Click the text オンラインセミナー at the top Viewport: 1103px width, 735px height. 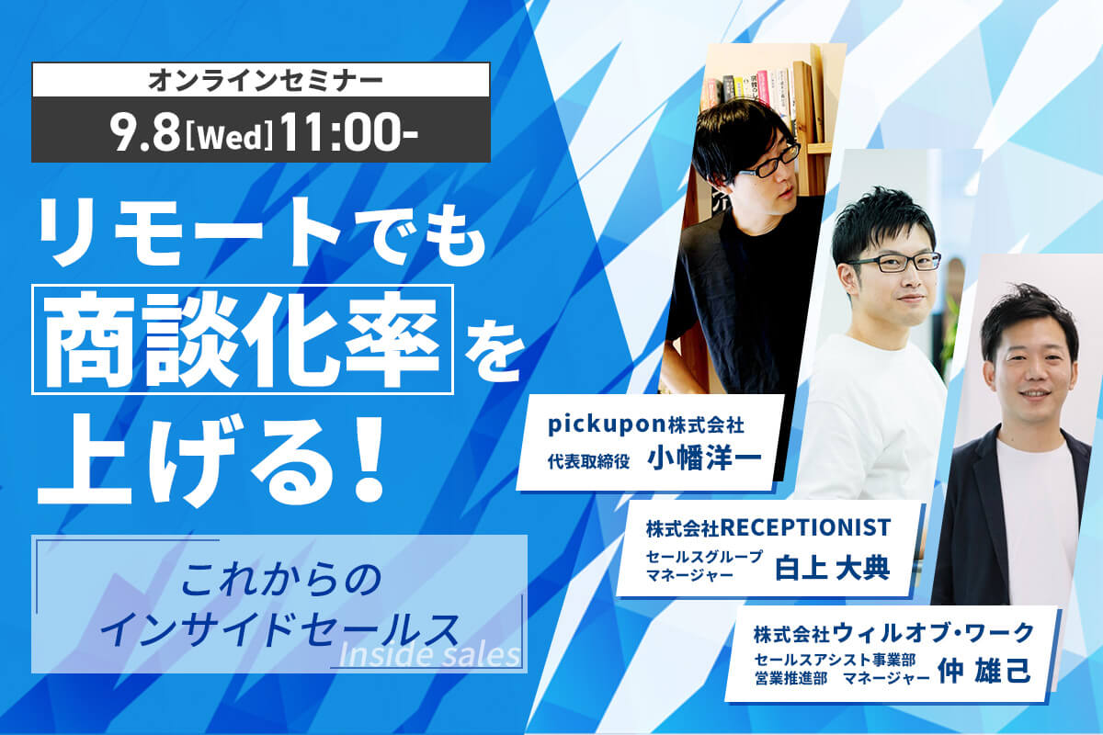261,80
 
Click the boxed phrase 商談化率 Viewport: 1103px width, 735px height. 243,339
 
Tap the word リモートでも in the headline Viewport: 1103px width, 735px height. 260,236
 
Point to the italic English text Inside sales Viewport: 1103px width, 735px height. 429,655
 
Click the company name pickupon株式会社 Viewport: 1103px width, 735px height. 645,425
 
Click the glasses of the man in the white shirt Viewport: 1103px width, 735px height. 891,263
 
